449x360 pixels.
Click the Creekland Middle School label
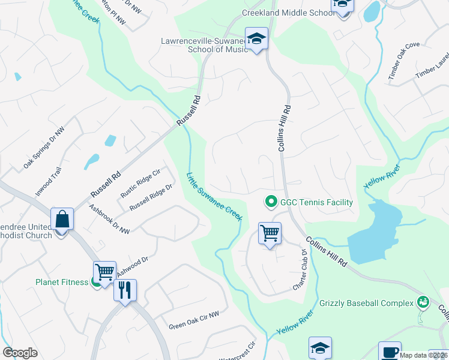click(288, 13)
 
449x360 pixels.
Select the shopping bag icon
click(62, 220)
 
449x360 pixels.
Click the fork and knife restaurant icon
click(125, 290)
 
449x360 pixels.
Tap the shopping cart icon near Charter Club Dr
click(270, 233)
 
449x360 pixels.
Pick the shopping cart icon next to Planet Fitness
click(104, 272)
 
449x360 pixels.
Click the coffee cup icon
click(390, 351)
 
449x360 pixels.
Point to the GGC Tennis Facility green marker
click(271, 202)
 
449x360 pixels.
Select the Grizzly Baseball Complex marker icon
click(423, 302)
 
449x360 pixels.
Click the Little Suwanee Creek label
click(214, 197)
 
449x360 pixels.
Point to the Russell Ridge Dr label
click(151, 196)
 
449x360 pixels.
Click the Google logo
click(20, 353)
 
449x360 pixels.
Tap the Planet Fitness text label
click(61, 281)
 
